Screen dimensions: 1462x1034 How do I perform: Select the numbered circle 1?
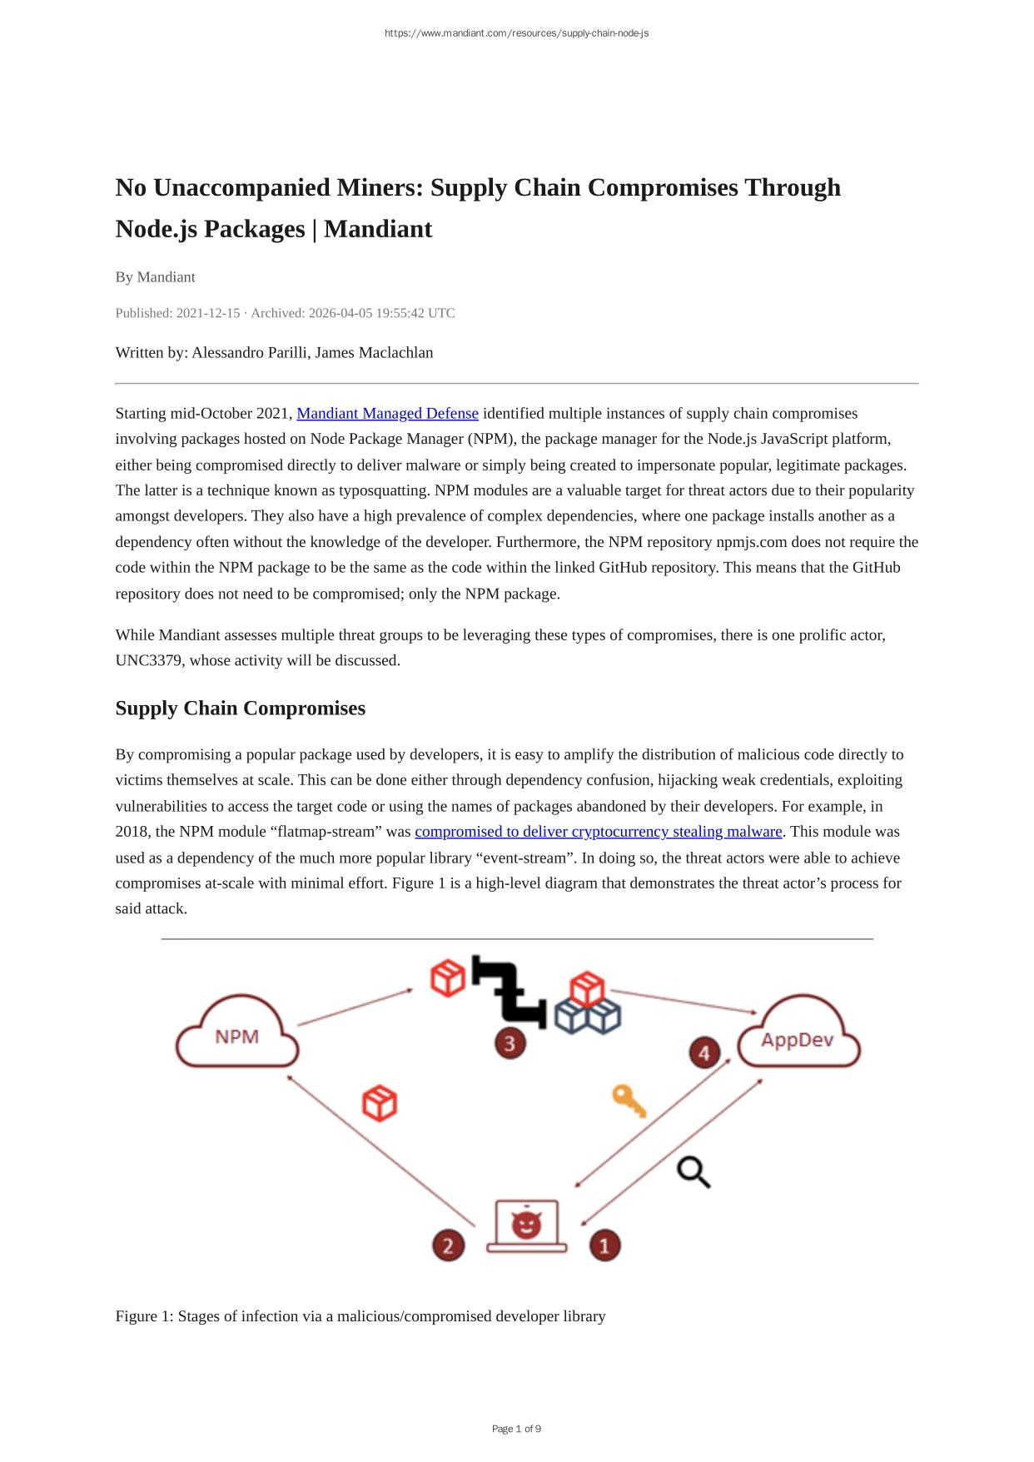pos(605,1246)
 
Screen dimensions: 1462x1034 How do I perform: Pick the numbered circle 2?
pos(448,1246)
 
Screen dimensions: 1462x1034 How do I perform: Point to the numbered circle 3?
pos(510,1043)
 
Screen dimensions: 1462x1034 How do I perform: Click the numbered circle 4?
pos(704,1053)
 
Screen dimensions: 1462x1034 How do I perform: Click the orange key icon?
pos(629,1101)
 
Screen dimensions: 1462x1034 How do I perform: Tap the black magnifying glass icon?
pos(693,1172)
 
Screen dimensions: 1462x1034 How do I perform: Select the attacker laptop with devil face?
pos(526,1226)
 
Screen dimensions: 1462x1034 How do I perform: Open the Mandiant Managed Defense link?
pos(387,414)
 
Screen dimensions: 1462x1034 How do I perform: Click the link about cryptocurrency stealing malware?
pos(599,832)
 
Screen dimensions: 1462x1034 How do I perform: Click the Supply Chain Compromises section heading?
pos(241,709)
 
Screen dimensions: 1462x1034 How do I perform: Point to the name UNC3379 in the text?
pos(146,661)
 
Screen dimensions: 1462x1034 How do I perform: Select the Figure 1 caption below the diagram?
pos(360,1316)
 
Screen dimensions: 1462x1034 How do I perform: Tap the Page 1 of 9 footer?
pos(516,1429)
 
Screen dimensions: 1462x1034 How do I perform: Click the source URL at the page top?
pos(516,33)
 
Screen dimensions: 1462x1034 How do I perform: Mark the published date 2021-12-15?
pos(208,314)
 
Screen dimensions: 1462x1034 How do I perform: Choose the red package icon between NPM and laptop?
pos(380,1103)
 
